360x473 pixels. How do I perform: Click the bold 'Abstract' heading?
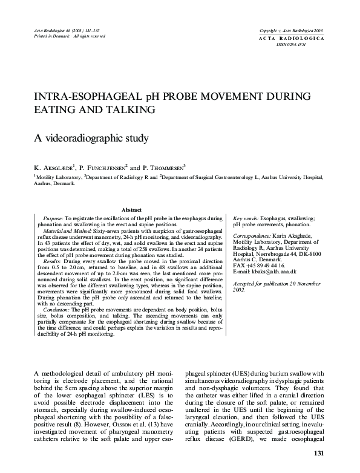132,209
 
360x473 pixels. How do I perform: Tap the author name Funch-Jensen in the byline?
103,167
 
